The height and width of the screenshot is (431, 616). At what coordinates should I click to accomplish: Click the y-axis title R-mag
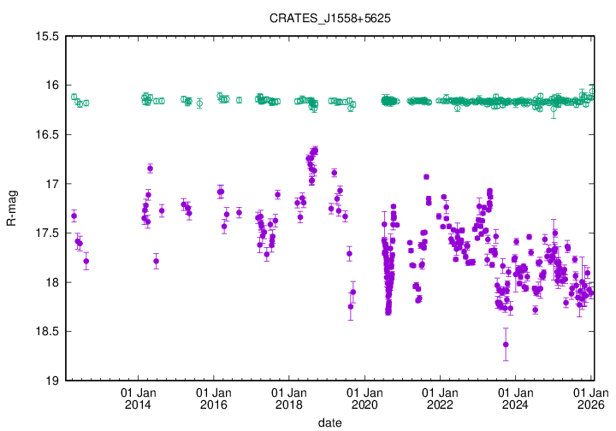pos(12,209)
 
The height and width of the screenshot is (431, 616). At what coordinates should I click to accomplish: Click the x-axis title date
pos(330,422)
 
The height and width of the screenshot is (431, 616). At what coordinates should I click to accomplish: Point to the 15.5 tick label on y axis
pos(44,37)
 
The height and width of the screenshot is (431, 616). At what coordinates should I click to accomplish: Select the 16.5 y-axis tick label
pos(44,135)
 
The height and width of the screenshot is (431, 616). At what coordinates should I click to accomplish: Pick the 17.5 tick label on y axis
pos(44,233)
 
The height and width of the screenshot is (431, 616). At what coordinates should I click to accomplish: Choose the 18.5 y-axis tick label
pos(44,332)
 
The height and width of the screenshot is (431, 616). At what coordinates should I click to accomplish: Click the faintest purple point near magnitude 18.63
pos(506,344)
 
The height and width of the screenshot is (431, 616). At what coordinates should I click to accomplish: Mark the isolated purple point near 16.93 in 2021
pos(426,176)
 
